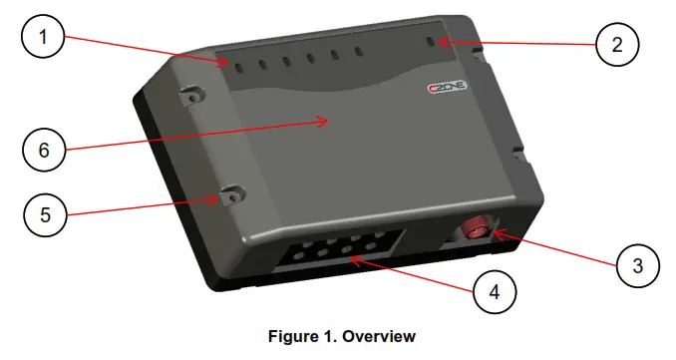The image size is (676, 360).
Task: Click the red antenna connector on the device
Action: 476,228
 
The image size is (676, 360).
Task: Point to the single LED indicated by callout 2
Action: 431,43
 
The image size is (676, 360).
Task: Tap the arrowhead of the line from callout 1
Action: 229,63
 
